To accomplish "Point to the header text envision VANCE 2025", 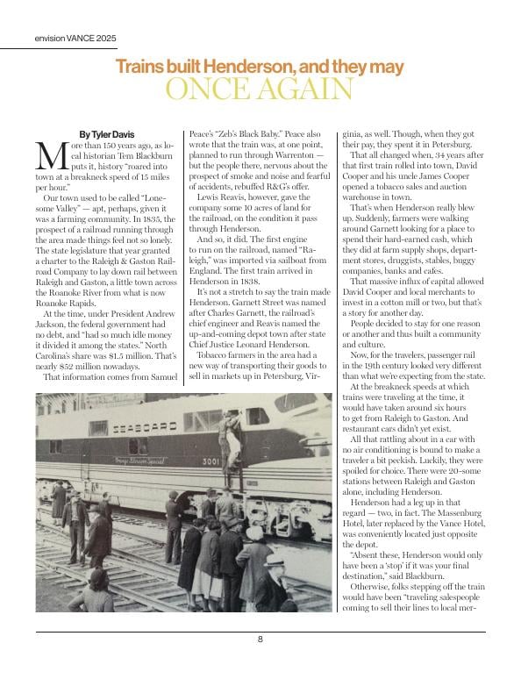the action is [75, 39].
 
